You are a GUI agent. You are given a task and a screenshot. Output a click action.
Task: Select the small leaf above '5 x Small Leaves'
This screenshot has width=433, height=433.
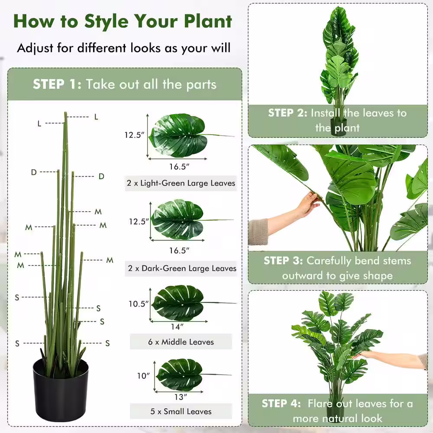180,375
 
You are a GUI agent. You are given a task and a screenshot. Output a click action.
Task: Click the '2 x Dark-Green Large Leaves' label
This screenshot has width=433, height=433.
182,268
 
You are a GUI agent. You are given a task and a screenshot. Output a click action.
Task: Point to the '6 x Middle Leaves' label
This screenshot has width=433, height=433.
181,342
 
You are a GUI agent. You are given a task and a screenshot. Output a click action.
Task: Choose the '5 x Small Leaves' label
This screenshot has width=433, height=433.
181,411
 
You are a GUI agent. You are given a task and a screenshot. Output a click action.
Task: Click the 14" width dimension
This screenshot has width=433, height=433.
177,327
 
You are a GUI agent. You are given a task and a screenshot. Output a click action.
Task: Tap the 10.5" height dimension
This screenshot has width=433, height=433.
139,304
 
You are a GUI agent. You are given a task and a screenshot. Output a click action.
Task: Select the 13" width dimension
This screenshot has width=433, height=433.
181,397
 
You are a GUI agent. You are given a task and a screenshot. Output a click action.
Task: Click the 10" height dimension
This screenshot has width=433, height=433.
143,376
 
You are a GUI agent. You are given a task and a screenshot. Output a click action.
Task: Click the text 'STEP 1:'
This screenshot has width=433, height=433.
57,84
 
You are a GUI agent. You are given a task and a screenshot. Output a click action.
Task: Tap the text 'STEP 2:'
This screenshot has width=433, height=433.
288,113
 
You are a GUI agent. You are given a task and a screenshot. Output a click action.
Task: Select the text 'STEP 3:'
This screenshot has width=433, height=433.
283,261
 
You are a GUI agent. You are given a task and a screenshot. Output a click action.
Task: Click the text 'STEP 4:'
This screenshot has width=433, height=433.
281,404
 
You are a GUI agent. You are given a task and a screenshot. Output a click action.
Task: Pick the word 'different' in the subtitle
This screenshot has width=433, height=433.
102,48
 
